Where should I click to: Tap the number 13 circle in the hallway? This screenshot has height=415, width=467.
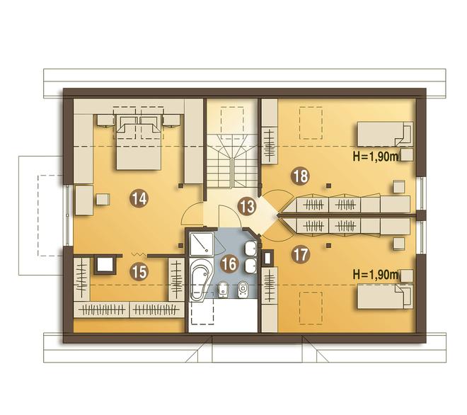[x=247, y=206]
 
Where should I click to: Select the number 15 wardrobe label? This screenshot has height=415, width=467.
[x=139, y=272]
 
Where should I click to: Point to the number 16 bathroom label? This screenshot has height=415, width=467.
[x=229, y=263]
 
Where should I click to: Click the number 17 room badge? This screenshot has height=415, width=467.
[x=301, y=254]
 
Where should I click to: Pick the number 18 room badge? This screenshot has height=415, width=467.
[x=301, y=176]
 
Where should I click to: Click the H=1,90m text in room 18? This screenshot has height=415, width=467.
[x=375, y=157]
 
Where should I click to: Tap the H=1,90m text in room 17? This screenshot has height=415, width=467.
[x=375, y=275]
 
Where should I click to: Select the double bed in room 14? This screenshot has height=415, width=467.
[x=139, y=142]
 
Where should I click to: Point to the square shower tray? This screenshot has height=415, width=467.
[x=202, y=244]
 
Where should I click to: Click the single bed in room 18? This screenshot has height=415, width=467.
[x=385, y=134]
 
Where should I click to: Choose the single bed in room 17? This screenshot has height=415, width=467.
[x=385, y=296]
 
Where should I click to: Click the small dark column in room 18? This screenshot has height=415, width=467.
[x=328, y=186]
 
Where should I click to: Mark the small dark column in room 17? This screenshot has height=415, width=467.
[x=328, y=245]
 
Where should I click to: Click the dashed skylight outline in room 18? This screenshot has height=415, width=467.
[x=311, y=123]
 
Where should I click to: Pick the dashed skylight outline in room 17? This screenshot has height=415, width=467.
[x=311, y=308]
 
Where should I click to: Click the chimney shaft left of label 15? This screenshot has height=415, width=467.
[x=105, y=264]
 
